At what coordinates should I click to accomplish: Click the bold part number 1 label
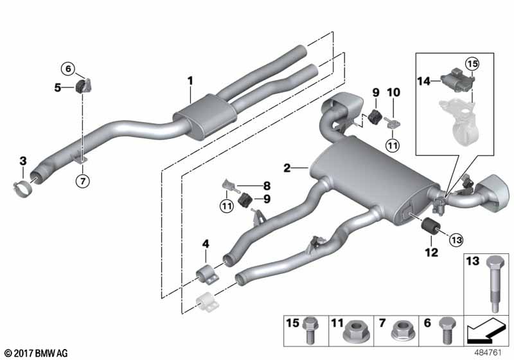coord(190,80)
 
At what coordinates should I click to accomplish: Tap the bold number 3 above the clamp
coord(22,160)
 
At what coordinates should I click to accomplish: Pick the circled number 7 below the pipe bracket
coord(82,181)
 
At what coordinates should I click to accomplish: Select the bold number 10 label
coord(393,93)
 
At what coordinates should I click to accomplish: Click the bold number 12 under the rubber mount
coord(431,253)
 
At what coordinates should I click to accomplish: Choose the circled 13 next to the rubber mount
coord(456,239)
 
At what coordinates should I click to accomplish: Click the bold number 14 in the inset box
coord(423,82)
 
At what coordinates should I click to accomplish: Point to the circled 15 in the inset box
coord(472,63)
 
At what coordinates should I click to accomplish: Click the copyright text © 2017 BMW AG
coord(35,352)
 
